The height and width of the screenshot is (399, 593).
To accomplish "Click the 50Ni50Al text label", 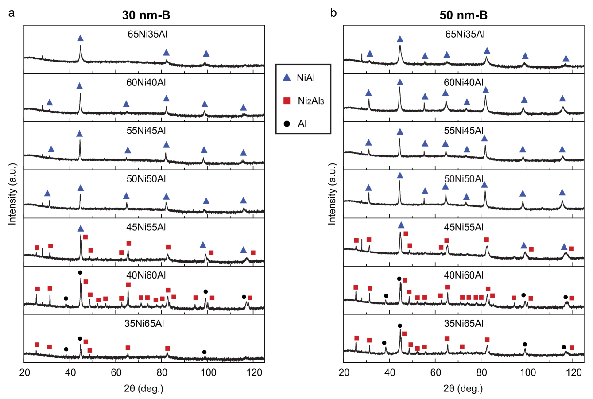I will tap(463, 179).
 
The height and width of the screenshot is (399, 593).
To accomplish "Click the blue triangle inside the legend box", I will tap(287, 77).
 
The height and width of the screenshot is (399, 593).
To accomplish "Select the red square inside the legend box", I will tap(287, 101).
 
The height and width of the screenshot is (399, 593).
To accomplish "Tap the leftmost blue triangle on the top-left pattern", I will tap(80, 38).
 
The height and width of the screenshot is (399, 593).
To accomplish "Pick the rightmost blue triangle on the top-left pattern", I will tap(206, 54).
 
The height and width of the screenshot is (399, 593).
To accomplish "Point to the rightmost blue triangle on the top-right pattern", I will tap(566, 58).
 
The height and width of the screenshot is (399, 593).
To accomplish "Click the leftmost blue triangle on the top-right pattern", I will tap(370, 54).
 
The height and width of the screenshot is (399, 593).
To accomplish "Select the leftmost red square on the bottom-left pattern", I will tap(37, 345).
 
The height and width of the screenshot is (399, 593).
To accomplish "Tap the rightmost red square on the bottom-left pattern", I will tap(167, 348).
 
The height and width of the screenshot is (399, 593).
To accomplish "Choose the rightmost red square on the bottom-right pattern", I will tap(571, 348).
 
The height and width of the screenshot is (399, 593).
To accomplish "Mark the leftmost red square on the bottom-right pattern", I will tap(357, 338).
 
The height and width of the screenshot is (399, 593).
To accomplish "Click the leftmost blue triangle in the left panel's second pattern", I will tap(50, 102).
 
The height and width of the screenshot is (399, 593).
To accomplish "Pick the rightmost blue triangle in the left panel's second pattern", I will tap(243, 108).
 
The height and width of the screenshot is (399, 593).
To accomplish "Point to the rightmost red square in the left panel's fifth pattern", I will tap(253, 252).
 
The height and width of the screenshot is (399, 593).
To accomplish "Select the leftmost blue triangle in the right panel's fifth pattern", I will tap(401, 225).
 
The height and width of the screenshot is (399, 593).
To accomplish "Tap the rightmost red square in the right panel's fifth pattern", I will tap(571, 248).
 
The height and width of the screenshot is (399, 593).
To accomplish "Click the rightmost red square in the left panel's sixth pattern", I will tap(250, 298).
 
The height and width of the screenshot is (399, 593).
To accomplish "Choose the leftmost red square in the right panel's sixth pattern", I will tap(356, 287).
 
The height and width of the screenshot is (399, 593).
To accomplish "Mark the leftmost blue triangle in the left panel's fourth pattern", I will tap(47, 193).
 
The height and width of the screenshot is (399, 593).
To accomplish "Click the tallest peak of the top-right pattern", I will tap(400, 45).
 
